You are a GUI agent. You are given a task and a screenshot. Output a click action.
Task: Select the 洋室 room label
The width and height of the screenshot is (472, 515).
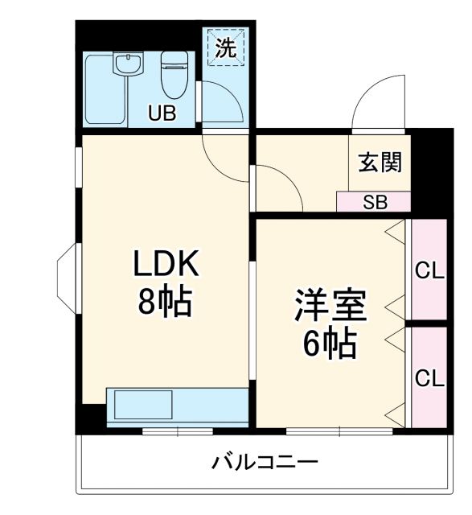[x=329, y=306]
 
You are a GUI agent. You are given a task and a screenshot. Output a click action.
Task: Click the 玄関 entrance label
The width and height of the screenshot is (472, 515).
[x=379, y=163]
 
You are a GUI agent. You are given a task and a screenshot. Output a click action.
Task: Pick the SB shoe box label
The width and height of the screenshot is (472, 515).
[x=374, y=202]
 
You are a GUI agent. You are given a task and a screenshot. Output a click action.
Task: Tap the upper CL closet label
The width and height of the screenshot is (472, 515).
[x=429, y=270]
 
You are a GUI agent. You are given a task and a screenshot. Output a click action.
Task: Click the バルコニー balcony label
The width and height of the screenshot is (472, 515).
[x=265, y=463]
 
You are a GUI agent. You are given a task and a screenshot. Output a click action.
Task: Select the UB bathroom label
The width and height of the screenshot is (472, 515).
[x=162, y=113]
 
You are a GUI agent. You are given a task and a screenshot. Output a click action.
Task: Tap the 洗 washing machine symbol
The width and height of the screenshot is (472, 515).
[x=226, y=48]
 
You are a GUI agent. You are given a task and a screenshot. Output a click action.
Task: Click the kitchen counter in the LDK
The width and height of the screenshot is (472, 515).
[x=177, y=403]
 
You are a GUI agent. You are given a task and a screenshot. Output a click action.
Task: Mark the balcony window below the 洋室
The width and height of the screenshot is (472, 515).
[x=339, y=432]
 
